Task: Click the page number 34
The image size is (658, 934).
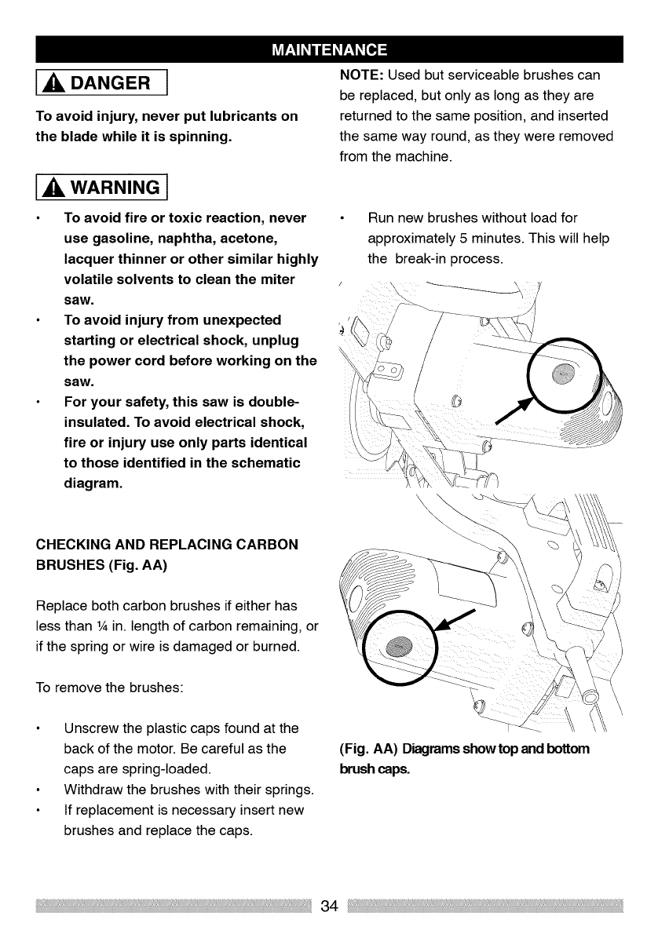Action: pyautogui.click(x=329, y=907)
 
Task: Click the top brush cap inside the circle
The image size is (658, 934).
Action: pyautogui.click(x=563, y=373)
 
